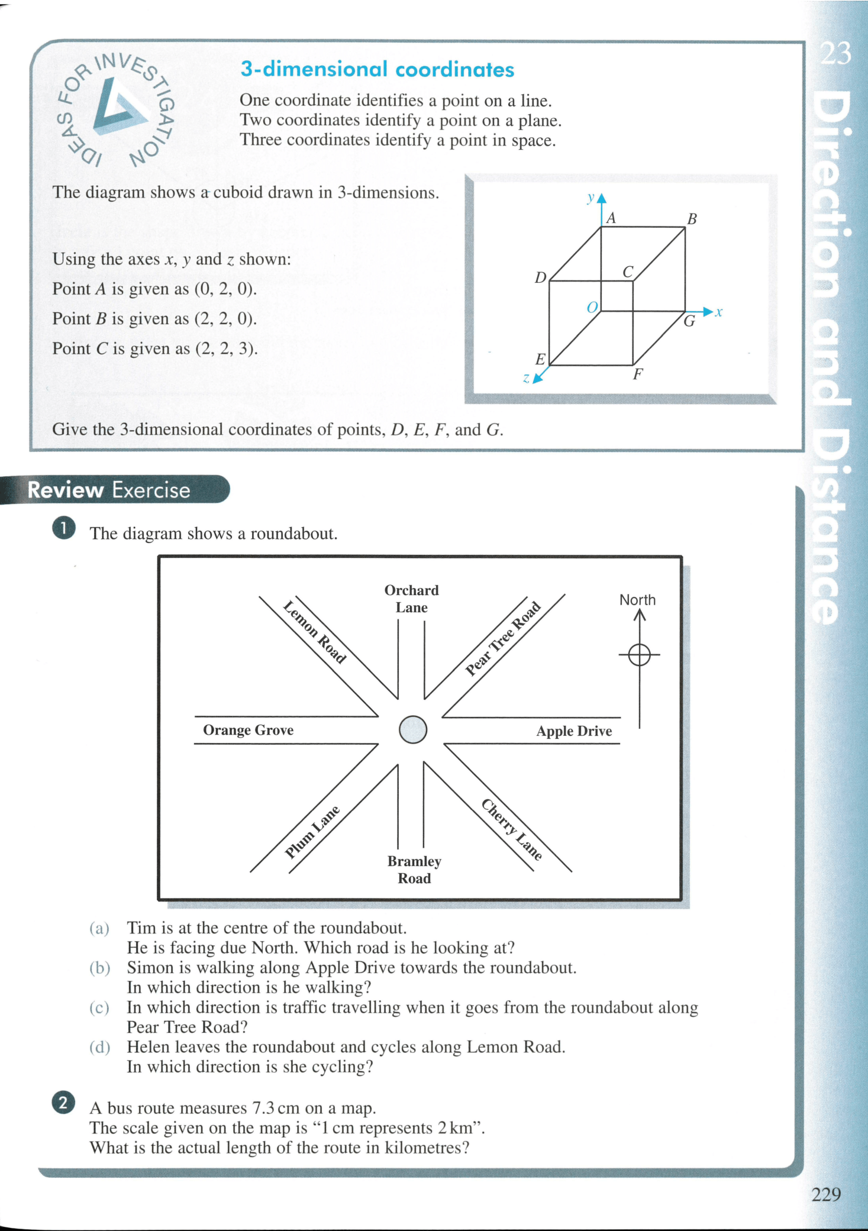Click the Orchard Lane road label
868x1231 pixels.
click(411, 599)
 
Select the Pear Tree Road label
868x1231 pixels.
click(503, 639)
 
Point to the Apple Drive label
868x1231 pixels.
click(574, 731)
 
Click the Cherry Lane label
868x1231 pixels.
click(512, 829)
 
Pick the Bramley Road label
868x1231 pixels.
click(414, 870)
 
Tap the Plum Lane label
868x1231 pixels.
click(312, 832)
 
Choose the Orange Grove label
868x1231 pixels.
click(248, 730)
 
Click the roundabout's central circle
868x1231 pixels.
click(413, 729)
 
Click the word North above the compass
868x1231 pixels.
click(637, 600)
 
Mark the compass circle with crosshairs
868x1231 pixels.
click(639, 655)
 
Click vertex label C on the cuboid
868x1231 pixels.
click(628, 272)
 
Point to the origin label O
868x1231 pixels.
click(592, 308)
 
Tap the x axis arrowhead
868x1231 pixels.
click(708, 311)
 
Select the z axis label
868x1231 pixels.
click(526, 378)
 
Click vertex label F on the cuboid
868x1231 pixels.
click(637, 374)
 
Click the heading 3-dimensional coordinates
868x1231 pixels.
click(377, 69)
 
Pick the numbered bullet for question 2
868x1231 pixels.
click(63, 1103)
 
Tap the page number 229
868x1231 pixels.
click(826, 1194)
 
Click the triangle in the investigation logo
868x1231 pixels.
click(118, 106)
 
